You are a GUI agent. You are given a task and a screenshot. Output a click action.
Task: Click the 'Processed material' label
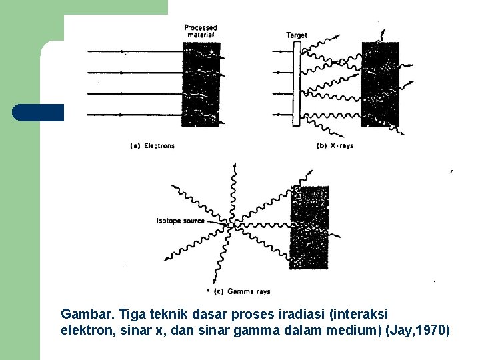coord(201,31)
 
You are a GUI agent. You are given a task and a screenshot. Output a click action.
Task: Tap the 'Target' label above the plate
coord(297,35)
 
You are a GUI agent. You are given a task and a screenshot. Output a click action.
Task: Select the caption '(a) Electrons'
coord(153,145)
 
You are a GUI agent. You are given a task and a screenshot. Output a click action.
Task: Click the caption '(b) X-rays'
coord(334,145)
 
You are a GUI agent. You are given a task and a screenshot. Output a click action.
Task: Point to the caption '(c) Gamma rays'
coord(244,291)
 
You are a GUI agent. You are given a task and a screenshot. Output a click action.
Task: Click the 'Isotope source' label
coord(181,221)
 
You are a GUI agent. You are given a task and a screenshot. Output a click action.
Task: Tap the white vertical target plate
coord(297,84)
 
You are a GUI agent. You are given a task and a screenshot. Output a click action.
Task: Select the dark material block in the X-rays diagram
coord(379,84)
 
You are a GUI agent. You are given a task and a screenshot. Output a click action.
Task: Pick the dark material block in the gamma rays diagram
coord(309,227)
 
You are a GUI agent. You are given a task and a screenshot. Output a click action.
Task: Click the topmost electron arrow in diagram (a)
coord(133,51)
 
